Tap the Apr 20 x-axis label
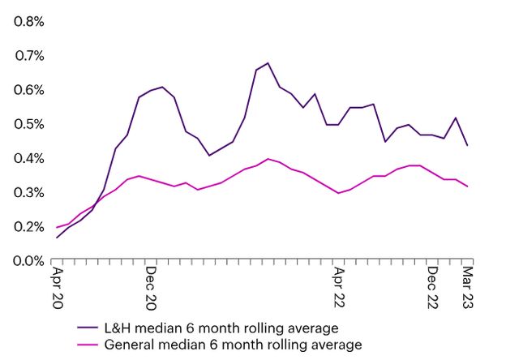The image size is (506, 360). [57, 285]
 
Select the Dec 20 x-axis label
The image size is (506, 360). [151, 285]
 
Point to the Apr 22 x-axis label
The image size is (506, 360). [338, 285]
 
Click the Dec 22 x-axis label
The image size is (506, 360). [432, 285]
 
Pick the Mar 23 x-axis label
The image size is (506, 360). [467, 285]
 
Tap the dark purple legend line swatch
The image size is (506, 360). [88, 328]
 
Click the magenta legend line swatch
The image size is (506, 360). [88, 345]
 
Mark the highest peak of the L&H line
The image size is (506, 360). [268, 62]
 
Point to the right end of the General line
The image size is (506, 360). [467, 186]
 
